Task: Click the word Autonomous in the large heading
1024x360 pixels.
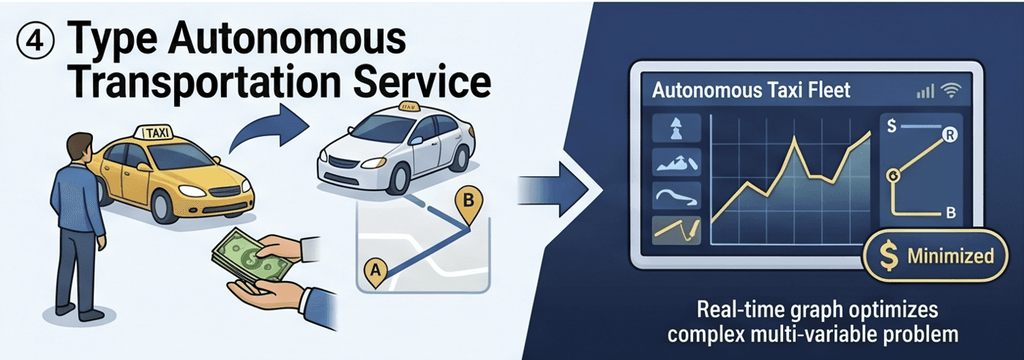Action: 286,38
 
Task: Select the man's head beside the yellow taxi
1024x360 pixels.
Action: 80,148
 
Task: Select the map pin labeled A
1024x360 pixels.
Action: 376,273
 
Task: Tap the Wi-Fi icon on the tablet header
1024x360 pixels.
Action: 951,91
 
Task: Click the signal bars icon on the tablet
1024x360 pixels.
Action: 925,91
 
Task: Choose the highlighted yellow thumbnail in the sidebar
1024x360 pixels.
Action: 677,230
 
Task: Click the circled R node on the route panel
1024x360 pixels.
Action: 950,135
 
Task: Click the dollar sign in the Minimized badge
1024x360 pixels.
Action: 889,256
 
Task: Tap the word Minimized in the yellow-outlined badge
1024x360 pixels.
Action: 951,256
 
